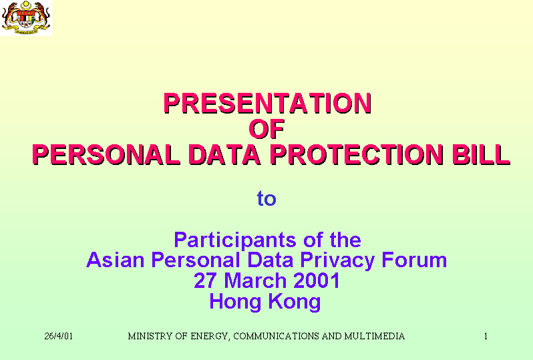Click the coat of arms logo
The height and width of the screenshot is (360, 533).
[x=26, y=17]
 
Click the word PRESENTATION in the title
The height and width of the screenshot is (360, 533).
[x=268, y=104]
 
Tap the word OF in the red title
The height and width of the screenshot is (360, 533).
[x=267, y=129]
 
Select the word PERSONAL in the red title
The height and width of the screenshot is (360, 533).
[x=106, y=155]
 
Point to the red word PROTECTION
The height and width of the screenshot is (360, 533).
[x=357, y=155]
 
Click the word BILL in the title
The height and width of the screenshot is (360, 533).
[x=481, y=155]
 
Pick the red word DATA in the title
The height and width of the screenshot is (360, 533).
[x=224, y=155]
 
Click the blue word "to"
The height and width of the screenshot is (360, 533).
[x=266, y=198]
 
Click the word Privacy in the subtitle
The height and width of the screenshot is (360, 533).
[x=337, y=260]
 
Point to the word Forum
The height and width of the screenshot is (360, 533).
[x=414, y=260]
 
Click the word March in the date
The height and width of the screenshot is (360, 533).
[x=255, y=281]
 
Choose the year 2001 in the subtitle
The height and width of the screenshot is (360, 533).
[x=316, y=281]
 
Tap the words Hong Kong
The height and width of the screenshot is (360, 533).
[x=265, y=302]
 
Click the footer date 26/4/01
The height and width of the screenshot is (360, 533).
[x=59, y=336]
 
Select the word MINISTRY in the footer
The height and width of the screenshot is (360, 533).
[x=150, y=336]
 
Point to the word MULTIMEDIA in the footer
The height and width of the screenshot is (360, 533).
[x=374, y=336]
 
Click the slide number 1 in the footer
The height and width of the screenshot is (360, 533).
[x=486, y=336]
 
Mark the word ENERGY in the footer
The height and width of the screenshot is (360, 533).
[x=210, y=337]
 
